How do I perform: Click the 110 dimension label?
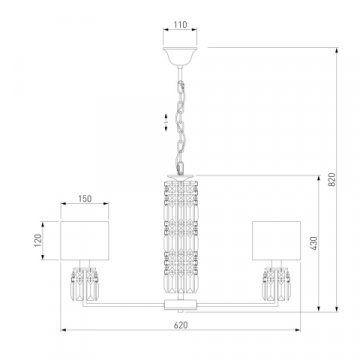[x=180, y=25]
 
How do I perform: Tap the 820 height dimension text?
[x=332, y=179]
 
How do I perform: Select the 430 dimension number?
[x=314, y=243]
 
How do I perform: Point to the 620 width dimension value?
[x=181, y=325]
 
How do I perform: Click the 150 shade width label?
[x=85, y=199]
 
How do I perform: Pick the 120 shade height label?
[x=38, y=240]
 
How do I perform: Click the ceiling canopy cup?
[x=180, y=56]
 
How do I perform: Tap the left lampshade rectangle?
[x=85, y=240]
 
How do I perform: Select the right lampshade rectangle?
[x=276, y=240]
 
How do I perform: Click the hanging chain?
[x=181, y=127]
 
